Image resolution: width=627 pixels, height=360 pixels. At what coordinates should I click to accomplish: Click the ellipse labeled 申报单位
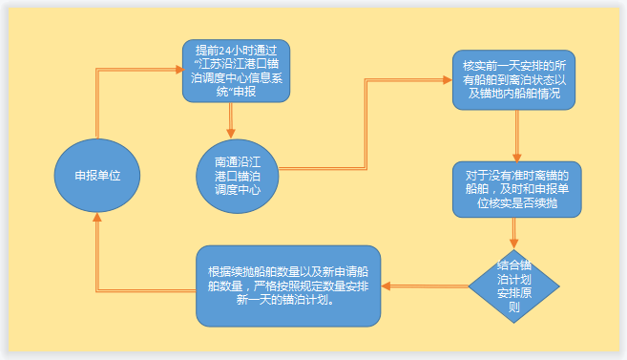point(96,177)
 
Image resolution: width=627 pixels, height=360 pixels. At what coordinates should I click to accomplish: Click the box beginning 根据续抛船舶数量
point(288,285)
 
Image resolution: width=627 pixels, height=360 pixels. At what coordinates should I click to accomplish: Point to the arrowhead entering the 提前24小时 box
point(177,70)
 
